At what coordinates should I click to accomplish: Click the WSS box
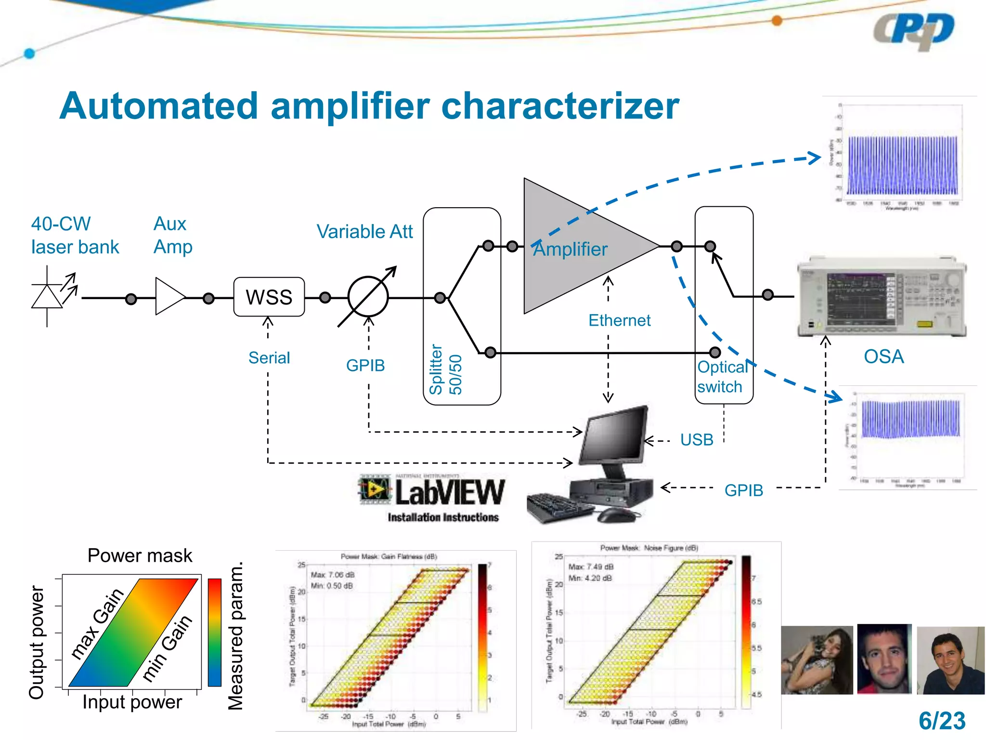(269, 297)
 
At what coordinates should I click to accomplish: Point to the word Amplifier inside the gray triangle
(571, 250)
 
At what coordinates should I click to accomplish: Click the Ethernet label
(619, 320)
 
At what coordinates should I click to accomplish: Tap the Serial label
(269, 358)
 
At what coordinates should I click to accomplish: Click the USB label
(697, 440)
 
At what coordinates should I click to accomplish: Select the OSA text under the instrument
(883, 357)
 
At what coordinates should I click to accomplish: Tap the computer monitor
(614, 436)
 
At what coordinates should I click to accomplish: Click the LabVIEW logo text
(450, 492)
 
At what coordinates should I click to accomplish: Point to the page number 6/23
(942, 721)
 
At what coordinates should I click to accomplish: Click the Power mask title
(140, 555)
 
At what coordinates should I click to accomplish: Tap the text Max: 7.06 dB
(333, 575)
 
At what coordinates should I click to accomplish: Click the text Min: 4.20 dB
(590, 578)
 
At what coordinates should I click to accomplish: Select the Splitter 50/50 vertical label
(445, 370)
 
